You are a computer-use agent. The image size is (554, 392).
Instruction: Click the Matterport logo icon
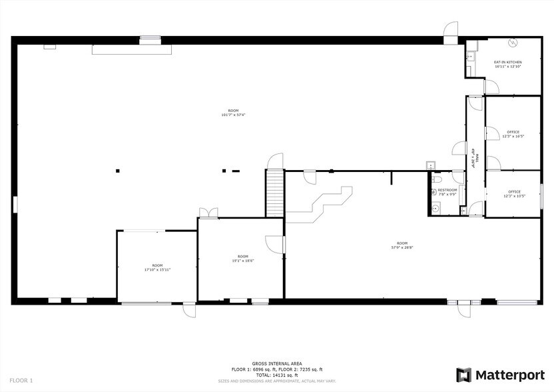click(464, 375)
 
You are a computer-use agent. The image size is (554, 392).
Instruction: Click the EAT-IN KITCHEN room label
click(507, 62)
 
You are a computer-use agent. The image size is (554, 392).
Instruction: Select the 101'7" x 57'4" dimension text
click(233, 115)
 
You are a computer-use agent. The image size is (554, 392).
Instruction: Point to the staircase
click(274, 193)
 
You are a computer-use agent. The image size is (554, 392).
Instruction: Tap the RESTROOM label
click(447, 190)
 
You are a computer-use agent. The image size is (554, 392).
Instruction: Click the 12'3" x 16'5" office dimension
click(513, 137)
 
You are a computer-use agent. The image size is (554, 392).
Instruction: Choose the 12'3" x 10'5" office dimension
click(514, 196)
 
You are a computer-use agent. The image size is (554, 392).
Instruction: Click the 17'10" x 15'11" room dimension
click(156, 270)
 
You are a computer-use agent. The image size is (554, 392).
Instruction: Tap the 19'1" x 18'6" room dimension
click(243, 261)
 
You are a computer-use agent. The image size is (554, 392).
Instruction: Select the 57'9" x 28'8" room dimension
click(402, 247)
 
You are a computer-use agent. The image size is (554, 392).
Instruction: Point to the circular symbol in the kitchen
click(513, 44)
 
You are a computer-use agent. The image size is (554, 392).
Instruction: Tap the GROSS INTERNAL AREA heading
click(276, 364)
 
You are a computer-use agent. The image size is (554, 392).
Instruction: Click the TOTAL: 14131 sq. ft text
click(276, 375)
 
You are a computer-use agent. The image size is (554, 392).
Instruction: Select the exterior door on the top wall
click(451, 30)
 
